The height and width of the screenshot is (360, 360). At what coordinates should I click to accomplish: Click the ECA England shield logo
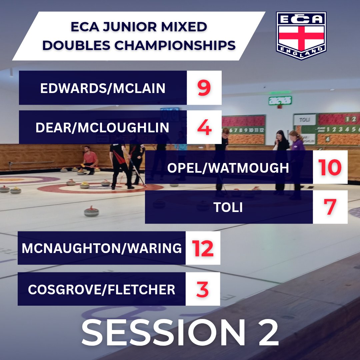click(301, 36)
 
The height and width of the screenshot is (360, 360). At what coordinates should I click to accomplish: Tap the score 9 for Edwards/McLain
click(204, 88)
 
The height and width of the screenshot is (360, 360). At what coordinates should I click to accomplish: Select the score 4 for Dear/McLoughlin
click(204, 128)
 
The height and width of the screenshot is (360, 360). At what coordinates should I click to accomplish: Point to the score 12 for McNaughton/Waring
click(202, 248)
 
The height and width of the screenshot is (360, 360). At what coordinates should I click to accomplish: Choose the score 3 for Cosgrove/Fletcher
click(202, 289)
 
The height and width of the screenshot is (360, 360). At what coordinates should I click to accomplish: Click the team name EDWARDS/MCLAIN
click(103, 88)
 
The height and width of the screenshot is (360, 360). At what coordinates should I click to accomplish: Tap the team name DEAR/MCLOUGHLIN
click(102, 128)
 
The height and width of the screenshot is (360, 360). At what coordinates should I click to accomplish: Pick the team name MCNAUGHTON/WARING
click(102, 249)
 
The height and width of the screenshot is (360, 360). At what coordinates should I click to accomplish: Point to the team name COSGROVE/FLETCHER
click(101, 289)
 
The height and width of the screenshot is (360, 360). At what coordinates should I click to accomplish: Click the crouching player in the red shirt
click(90, 160)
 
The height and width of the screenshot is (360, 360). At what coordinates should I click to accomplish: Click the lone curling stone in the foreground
click(91, 211)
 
